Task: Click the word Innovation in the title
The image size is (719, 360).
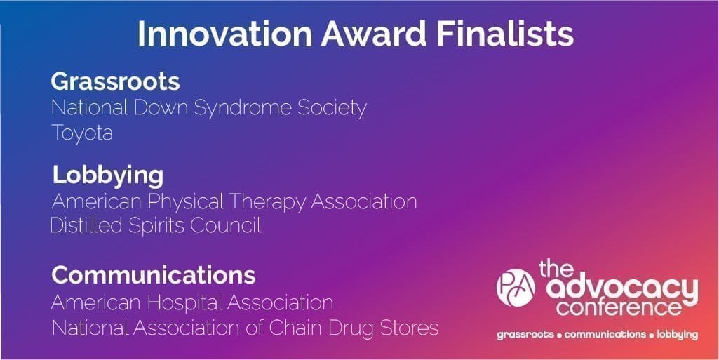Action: (225, 34)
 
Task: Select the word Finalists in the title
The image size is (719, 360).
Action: (505, 34)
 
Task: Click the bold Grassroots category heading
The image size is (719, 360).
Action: (115, 81)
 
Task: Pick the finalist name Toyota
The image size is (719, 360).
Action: (82, 133)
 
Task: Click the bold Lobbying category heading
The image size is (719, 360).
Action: (108, 176)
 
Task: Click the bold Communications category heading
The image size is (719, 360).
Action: (153, 275)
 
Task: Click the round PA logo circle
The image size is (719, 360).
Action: (516, 288)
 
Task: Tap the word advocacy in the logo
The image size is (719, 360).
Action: (623, 289)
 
